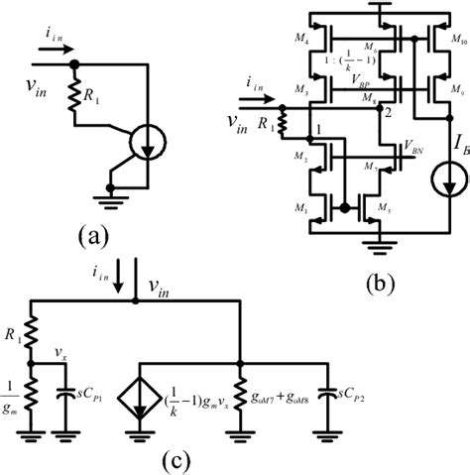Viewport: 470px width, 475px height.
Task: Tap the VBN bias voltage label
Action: click(x=403, y=147)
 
